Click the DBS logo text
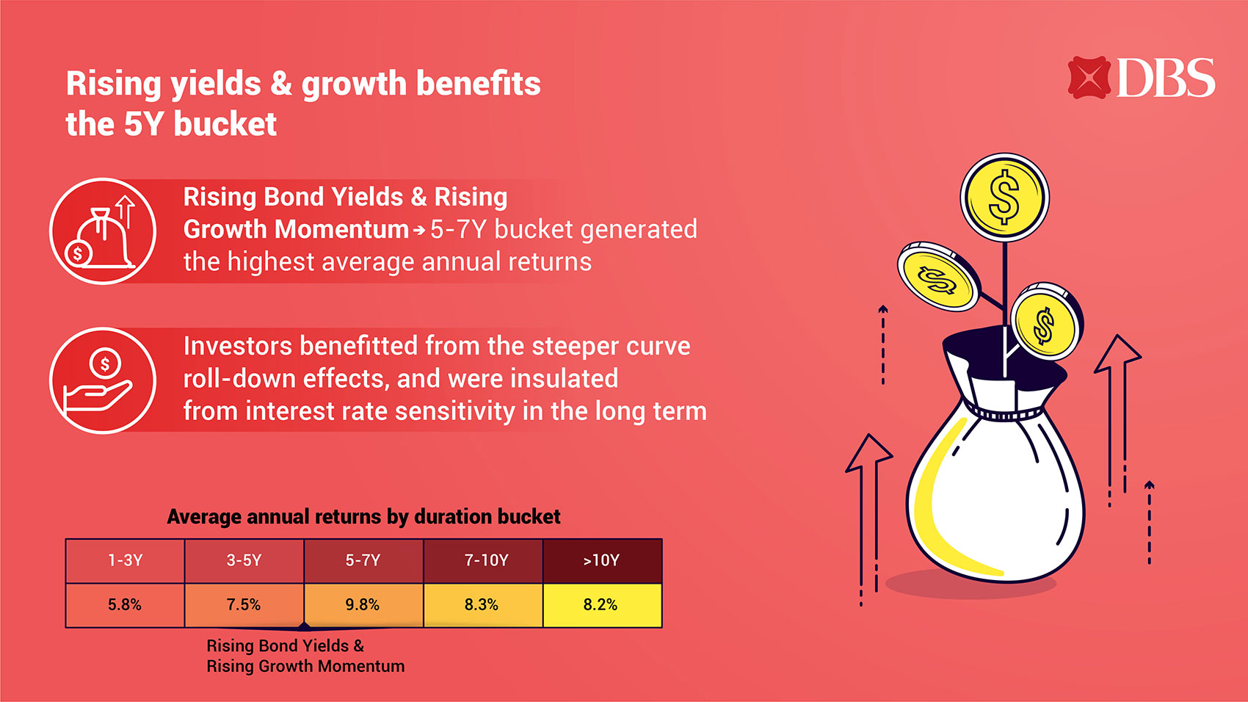pyautogui.click(x=1166, y=78)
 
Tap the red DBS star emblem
pyautogui.click(x=1089, y=78)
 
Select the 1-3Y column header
pyautogui.click(x=125, y=560)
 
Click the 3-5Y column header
pyautogui.click(x=244, y=560)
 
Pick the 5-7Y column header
pyautogui.click(x=363, y=560)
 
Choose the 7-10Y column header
pyautogui.click(x=483, y=560)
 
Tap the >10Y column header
pyautogui.click(x=602, y=560)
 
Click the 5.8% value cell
pyautogui.click(x=125, y=605)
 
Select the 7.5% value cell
pyautogui.click(x=244, y=605)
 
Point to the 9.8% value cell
pyautogui.click(x=363, y=605)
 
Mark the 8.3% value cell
pyautogui.click(x=483, y=605)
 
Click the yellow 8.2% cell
pyautogui.click(x=602, y=605)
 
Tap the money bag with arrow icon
pyautogui.click(x=103, y=231)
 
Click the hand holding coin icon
pyautogui.click(x=103, y=380)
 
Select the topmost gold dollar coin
pyautogui.click(x=1004, y=198)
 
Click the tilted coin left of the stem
pyautogui.click(x=938, y=277)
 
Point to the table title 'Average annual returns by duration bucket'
pyautogui.click(x=364, y=516)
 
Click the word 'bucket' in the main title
pyautogui.click(x=225, y=123)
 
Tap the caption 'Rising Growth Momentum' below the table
pyautogui.click(x=305, y=666)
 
